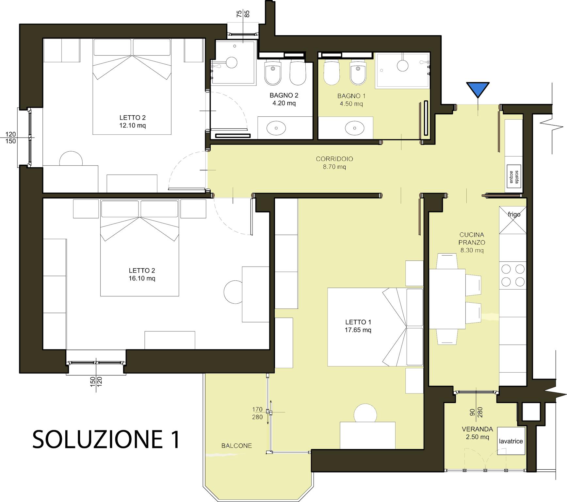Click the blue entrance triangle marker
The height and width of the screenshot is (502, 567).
pos(478,89)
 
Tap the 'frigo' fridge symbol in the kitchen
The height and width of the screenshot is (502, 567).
pos(513,220)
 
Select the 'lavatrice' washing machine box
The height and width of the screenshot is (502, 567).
pos(511,441)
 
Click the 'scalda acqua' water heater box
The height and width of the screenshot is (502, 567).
pos(514,177)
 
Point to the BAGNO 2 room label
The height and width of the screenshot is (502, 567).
pos(284,99)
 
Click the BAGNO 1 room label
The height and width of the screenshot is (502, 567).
pos(351,100)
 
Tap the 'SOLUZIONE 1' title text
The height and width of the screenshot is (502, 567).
pos(106,439)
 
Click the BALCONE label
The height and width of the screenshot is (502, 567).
pos(236,445)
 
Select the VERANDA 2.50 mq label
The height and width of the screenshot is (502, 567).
pos(477,433)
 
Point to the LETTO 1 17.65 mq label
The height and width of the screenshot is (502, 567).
pos(358,326)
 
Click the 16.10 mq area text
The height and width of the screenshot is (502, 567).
pos(142,278)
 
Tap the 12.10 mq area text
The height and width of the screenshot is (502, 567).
pos(133,125)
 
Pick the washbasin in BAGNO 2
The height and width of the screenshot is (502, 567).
pos(276,128)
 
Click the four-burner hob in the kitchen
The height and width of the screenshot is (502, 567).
pos(513,275)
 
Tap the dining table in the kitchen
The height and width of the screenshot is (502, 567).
pos(447,299)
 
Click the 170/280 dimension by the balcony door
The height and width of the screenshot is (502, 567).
pos(257,413)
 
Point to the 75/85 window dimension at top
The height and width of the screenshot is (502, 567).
pos(243,14)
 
